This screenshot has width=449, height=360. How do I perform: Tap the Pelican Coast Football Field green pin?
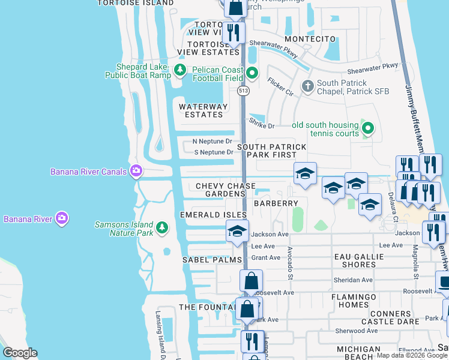[x=252, y=74]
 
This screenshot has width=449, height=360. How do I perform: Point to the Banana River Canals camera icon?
[x=136, y=172]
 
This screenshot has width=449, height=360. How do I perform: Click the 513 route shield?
[x=243, y=91]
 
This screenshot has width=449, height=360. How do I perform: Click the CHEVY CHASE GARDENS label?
[x=226, y=190]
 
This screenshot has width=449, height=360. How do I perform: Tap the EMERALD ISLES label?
[x=213, y=214]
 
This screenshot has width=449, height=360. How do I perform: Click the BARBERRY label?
[x=275, y=203]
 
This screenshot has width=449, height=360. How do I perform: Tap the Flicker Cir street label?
[x=280, y=87]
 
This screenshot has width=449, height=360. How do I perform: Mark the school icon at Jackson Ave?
[x=237, y=230]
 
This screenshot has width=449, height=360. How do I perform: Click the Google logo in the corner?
[x=20, y=353]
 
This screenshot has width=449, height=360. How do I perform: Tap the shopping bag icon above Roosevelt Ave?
[x=251, y=280]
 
